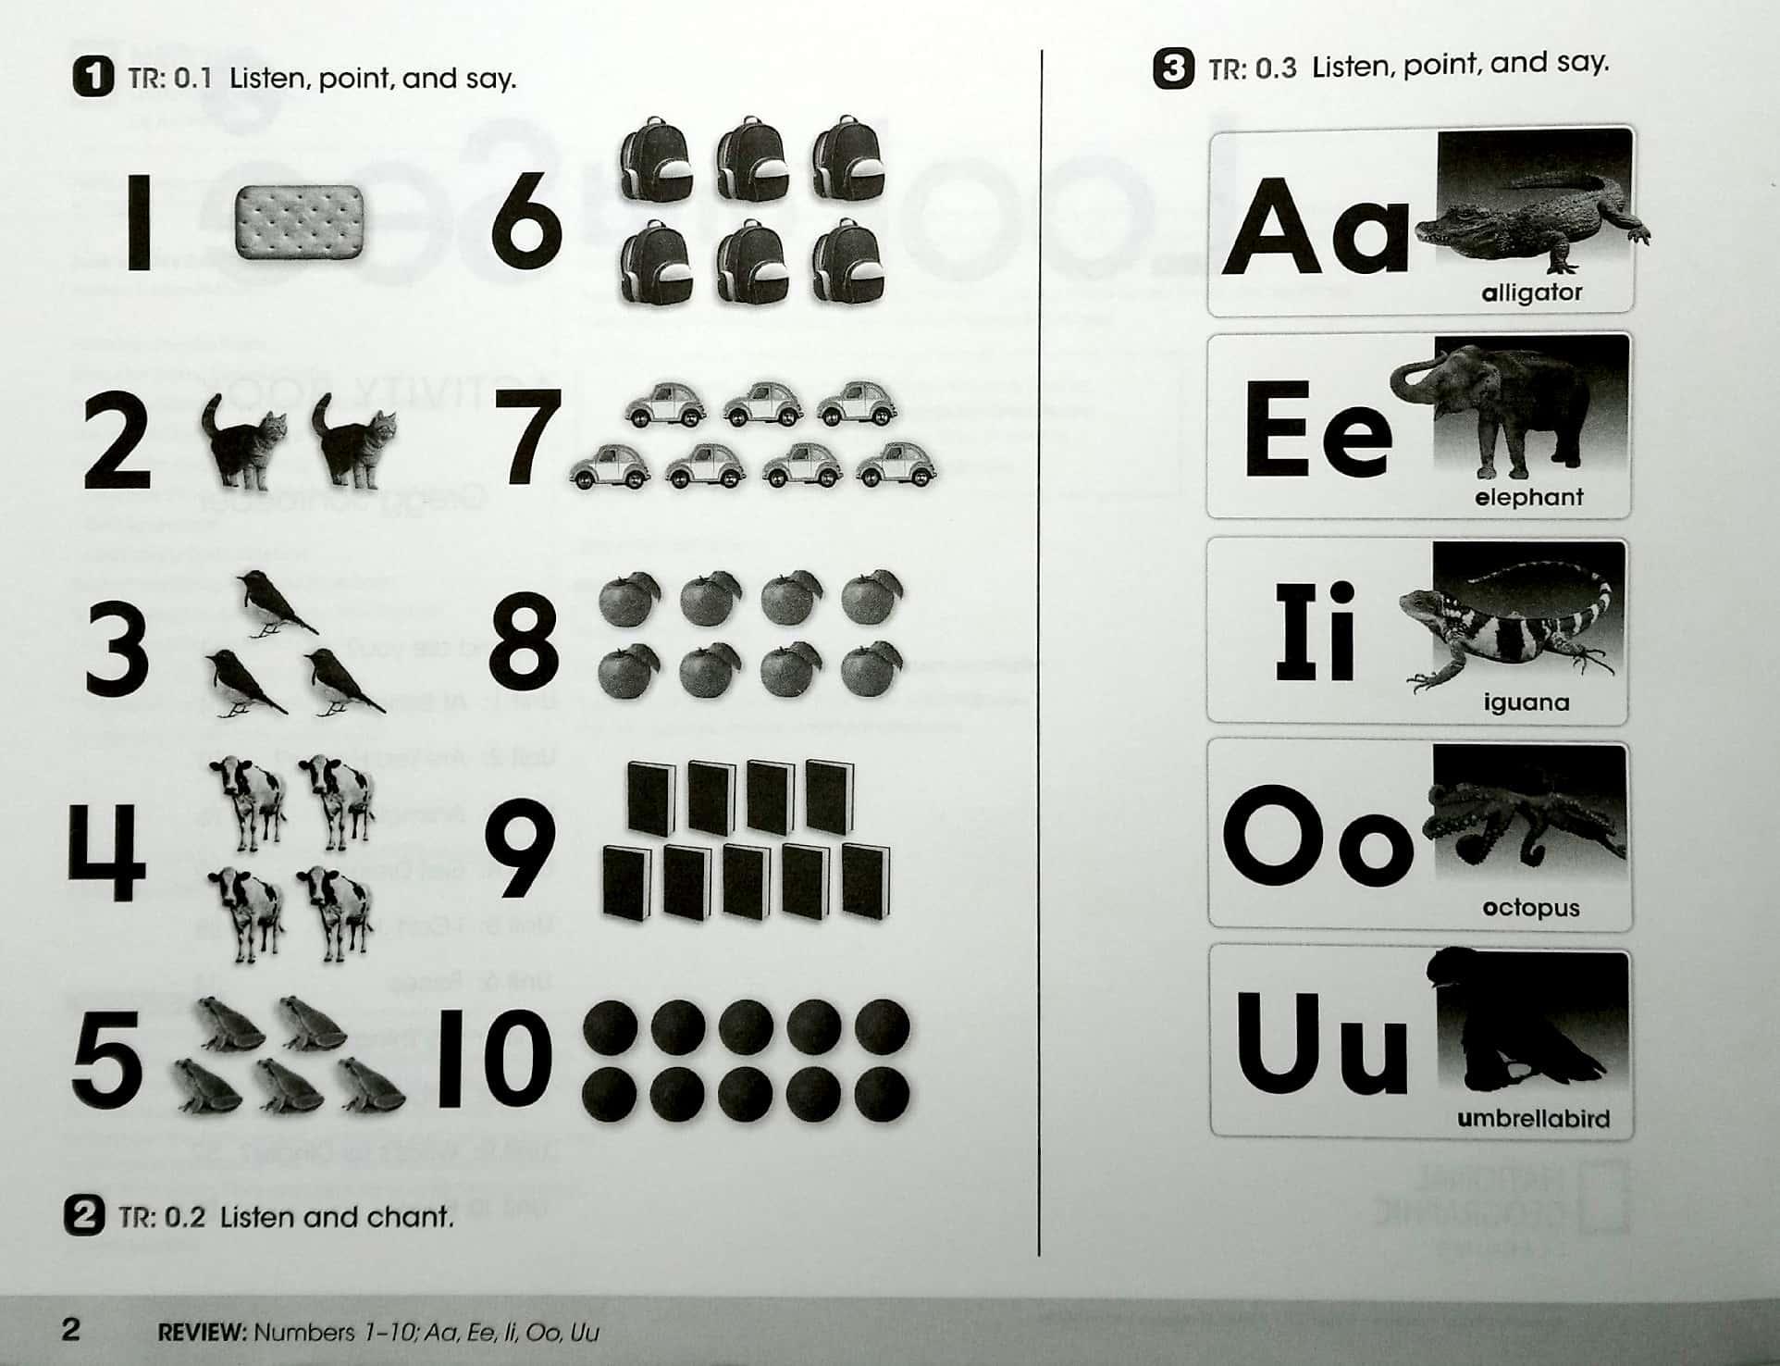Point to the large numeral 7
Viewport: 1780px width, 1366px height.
pyautogui.click(x=528, y=437)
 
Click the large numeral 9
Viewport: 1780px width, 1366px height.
pyautogui.click(x=520, y=850)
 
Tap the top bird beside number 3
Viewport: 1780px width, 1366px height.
pyautogui.click(x=270, y=604)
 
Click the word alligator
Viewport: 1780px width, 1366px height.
pyautogui.click(x=1531, y=293)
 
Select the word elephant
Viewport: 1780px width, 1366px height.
pyautogui.click(x=1528, y=498)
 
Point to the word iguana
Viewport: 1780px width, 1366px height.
pyautogui.click(x=1527, y=702)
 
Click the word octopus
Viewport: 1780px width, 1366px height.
pyautogui.click(x=1530, y=908)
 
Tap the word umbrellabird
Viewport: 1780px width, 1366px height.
pyautogui.click(x=1533, y=1119)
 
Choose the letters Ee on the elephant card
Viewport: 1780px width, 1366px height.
pyautogui.click(x=1317, y=431)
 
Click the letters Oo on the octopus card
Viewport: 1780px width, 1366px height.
pyautogui.click(x=1317, y=837)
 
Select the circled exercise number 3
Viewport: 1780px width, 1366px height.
pyautogui.click(x=1174, y=68)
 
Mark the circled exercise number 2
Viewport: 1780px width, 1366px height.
pyautogui.click(x=84, y=1215)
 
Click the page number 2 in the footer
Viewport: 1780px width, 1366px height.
pyautogui.click(x=71, y=1330)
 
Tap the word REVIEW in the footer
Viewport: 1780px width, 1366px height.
pyautogui.click(x=201, y=1333)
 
